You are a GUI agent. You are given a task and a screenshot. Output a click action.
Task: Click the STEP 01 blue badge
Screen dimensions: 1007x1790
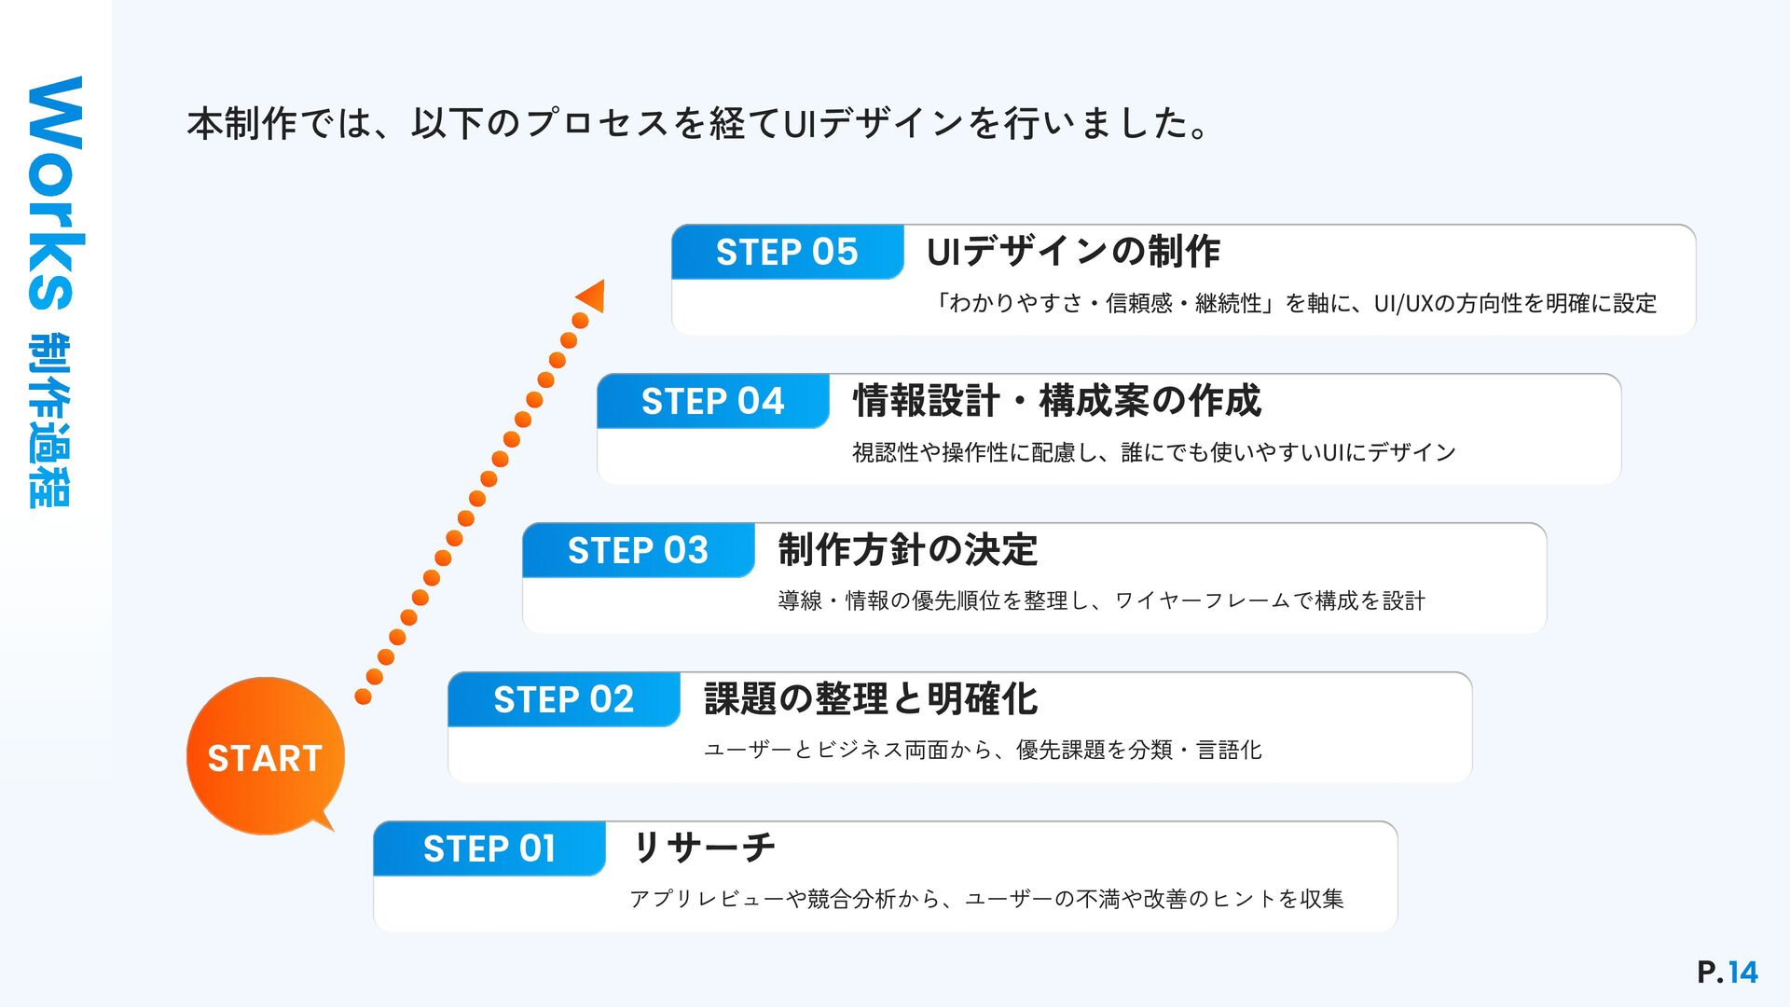pyautogui.click(x=489, y=848)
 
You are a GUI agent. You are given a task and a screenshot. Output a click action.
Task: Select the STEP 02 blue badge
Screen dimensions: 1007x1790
pyautogui.click(x=563, y=699)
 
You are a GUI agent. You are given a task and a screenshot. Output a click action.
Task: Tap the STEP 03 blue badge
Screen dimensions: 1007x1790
pyautogui.click(x=638, y=550)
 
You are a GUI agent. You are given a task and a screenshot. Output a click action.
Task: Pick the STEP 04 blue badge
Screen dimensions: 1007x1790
pyautogui.click(x=712, y=401)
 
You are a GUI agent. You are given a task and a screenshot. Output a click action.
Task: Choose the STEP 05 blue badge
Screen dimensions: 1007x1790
pyautogui.click(x=787, y=252)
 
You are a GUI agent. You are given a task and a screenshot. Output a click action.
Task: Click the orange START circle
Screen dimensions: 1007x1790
pyautogui.click(x=265, y=756)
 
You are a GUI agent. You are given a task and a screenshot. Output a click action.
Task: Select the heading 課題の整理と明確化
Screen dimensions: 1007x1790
pyautogui.click(x=871, y=698)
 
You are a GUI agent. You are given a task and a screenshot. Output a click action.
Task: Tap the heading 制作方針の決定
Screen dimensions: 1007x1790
pyautogui.click(x=907, y=549)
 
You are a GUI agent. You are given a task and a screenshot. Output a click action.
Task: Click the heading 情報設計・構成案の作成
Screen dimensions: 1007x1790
pyautogui.click(x=1056, y=401)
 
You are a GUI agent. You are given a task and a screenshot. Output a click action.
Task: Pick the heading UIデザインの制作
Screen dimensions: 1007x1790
pyautogui.click(x=1073, y=252)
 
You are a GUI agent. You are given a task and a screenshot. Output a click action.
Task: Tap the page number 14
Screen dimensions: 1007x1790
pyautogui.click(x=1742, y=973)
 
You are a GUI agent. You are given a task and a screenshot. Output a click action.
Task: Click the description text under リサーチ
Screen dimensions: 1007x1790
pyautogui.click(x=986, y=899)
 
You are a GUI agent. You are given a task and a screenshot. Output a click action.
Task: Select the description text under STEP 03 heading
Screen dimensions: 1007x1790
pyautogui.click(x=1101, y=600)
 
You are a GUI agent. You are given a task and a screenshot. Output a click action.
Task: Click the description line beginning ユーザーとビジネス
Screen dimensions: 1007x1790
pyautogui.click(x=983, y=750)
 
